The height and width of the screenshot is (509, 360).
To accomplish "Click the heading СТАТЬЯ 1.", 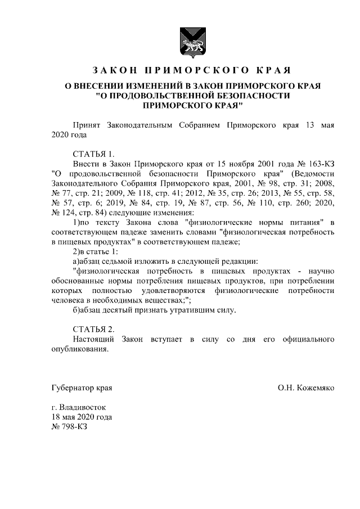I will [93, 154].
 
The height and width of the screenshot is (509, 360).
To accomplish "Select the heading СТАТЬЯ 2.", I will [93, 328].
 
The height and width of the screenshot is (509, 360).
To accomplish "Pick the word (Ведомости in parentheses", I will [312, 174].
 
